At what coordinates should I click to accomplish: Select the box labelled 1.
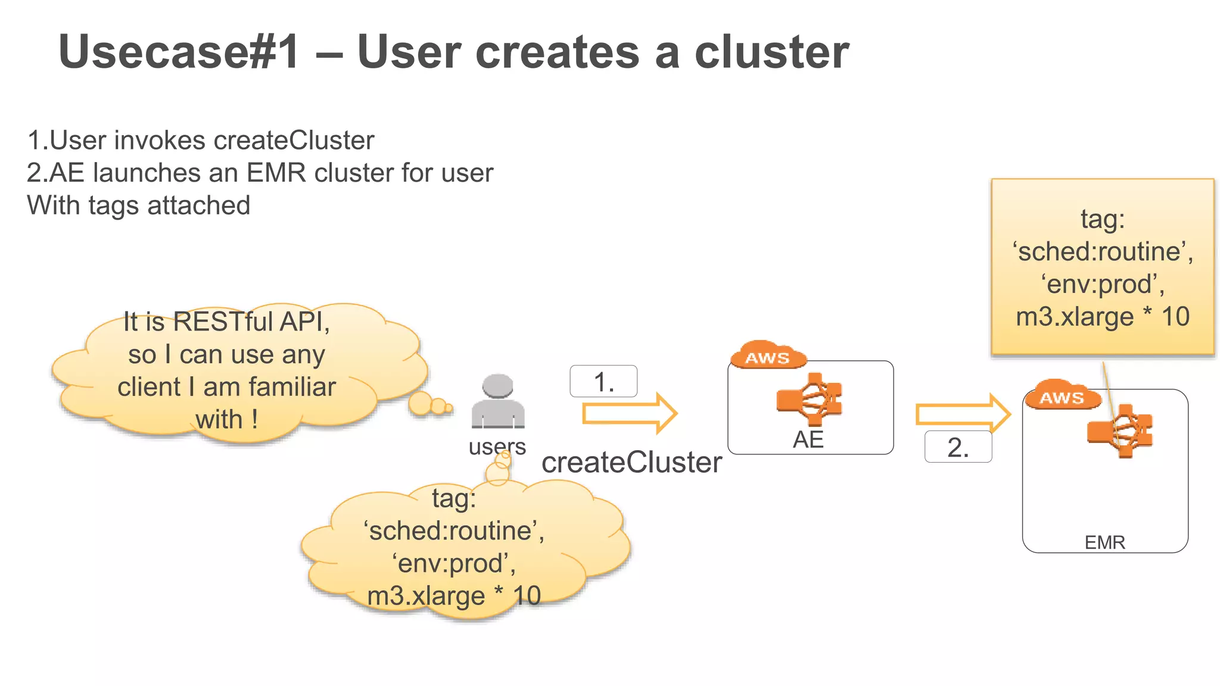click(603, 381)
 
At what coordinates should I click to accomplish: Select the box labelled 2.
click(958, 447)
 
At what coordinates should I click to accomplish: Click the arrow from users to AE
click(629, 413)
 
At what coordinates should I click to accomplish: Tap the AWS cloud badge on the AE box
click(767, 356)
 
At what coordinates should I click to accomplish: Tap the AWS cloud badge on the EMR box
click(1062, 396)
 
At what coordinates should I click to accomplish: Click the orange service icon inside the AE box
click(810, 399)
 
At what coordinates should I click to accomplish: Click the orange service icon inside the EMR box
click(1120, 431)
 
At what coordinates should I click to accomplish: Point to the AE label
click(808, 439)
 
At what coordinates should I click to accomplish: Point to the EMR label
click(1104, 542)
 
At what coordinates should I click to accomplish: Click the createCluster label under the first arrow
click(631, 463)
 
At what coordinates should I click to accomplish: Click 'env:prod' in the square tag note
click(1103, 284)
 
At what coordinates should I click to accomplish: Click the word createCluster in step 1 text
click(294, 141)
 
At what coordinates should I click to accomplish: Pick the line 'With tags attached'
click(139, 205)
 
